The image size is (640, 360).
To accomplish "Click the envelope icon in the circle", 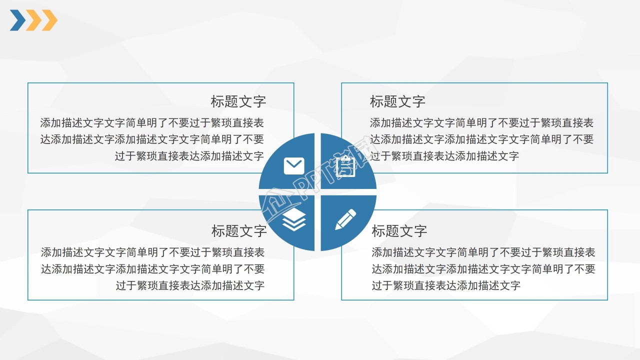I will tap(294, 166).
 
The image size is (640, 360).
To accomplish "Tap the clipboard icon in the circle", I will tap(346, 166).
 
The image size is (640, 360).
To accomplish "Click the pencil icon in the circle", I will tap(345, 219).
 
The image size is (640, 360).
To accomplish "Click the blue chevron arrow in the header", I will tap(17, 20).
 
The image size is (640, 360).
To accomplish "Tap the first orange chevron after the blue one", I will tap(34, 20).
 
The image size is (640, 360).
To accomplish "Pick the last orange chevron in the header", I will tap(49, 20).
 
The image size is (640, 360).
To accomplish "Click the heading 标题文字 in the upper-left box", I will tap(238, 101).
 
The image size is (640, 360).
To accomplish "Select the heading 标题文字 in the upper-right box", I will tap(397, 101).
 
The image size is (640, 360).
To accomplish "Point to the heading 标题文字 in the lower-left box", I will tap(239, 231).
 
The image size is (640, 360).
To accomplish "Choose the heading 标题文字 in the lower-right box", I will tap(399, 231).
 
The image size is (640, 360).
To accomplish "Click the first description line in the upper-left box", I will tap(152, 123).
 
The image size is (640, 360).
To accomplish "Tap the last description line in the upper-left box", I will tap(189, 156).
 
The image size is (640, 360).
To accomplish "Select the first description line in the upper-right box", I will tap(481, 123).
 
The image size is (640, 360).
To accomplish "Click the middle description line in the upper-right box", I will tap(481, 139).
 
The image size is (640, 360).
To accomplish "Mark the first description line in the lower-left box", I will tap(152, 252).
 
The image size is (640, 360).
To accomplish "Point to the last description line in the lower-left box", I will tap(190, 285).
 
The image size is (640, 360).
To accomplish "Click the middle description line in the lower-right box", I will tap(483, 269).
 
